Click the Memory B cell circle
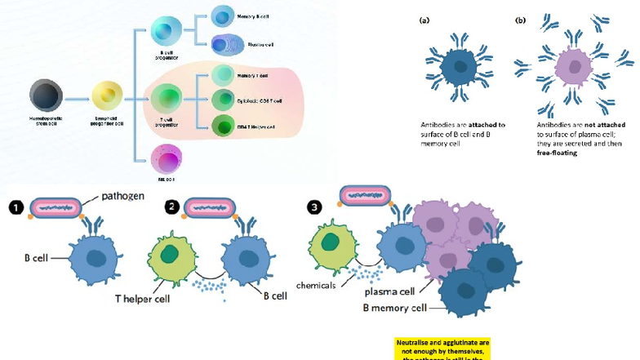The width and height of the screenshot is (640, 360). [223, 16]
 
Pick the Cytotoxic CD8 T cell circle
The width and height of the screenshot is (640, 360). [224, 100]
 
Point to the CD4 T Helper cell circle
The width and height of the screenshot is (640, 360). [224, 125]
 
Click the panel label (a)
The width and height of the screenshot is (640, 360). [424, 20]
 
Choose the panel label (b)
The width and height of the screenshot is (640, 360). [520, 20]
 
